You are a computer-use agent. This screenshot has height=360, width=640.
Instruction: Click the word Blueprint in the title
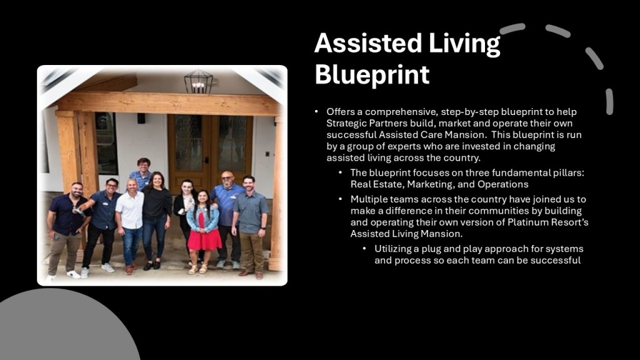click(x=372, y=75)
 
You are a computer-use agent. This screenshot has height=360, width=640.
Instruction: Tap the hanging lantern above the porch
click(x=198, y=82)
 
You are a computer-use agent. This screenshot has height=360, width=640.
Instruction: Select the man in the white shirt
click(x=131, y=226)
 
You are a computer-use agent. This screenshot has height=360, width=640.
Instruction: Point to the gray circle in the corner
click(x=61, y=326)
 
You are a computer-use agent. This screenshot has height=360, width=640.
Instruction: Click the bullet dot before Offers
click(x=316, y=112)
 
